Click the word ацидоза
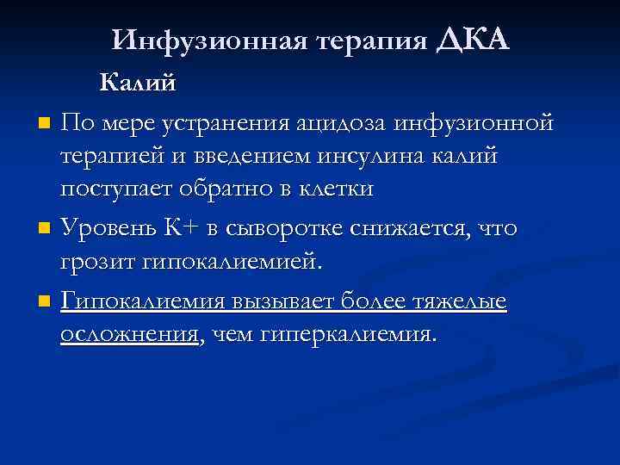pos(341,123)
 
